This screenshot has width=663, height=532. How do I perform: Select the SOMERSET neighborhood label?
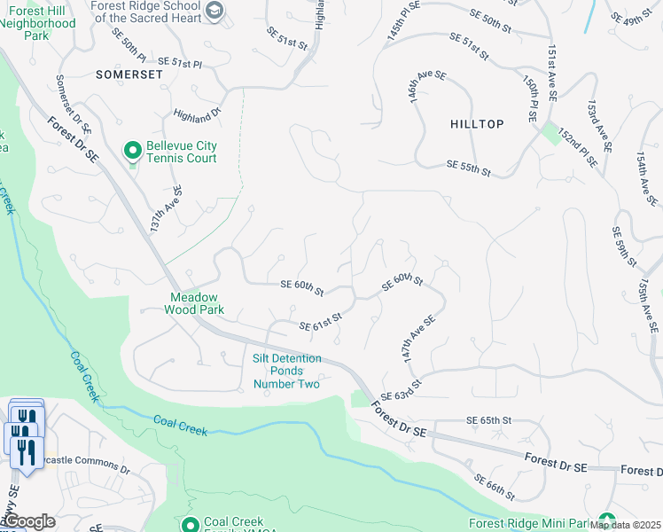129,75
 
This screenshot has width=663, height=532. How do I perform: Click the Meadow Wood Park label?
194,304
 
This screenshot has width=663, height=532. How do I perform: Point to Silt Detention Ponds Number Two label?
287,371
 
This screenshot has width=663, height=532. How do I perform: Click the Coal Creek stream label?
180,426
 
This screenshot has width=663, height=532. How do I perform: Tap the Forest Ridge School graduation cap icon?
214,10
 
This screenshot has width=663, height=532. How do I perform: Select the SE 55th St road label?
469,166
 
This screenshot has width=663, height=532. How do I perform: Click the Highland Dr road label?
197,115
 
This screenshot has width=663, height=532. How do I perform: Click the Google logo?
29,521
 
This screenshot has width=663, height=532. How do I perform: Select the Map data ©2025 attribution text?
625,525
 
